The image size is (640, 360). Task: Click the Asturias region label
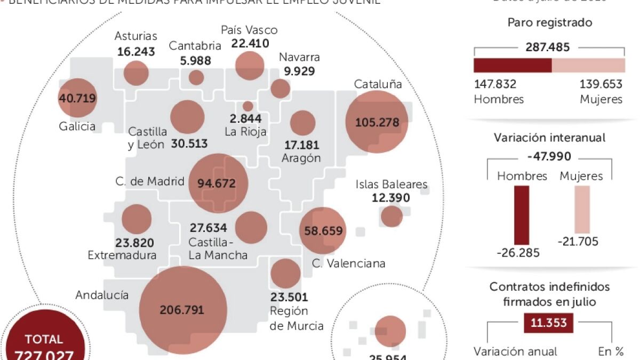click(136, 36)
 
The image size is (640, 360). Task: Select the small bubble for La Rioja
click(247, 106)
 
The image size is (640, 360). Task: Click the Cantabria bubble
click(196, 77)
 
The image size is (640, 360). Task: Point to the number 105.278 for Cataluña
click(377, 122)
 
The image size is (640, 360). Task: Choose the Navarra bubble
click(280, 89)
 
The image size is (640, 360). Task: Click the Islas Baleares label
click(391, 185)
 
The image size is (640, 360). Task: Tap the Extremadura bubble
click(137, 220)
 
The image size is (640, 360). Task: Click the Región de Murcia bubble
click(285, 273)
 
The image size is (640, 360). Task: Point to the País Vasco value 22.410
click(251, 44)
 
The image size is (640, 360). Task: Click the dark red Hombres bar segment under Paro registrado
click(512, 65)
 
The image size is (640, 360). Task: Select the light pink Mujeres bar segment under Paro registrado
click(588, 65)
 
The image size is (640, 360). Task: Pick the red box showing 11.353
click(549, 323)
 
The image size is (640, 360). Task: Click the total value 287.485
click(549, 47)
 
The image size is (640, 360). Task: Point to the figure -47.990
click(549, 157)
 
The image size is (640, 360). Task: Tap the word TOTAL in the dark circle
click(44, 339)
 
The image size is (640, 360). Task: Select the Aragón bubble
click(302, 123)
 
